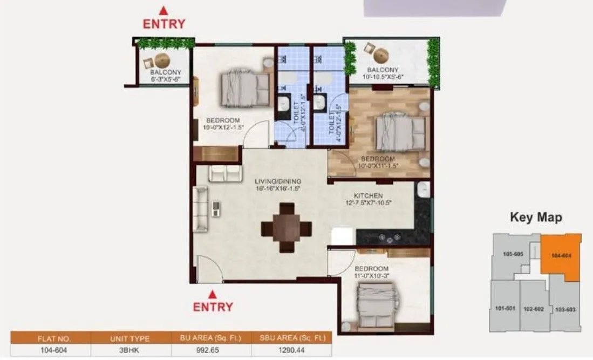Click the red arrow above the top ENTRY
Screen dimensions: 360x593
tap(163, 10)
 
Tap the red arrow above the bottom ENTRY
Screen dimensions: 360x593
tap(213, 294)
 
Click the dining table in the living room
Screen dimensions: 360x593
tap(287, 227)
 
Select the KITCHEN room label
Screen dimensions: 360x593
tap(368, 195)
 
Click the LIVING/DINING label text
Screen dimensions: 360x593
tap(278, 181)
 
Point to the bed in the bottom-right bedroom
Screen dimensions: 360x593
tap(377, 300)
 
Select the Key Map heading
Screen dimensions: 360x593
tap(536, 218)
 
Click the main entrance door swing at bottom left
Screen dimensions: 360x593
tap(208, 268)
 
